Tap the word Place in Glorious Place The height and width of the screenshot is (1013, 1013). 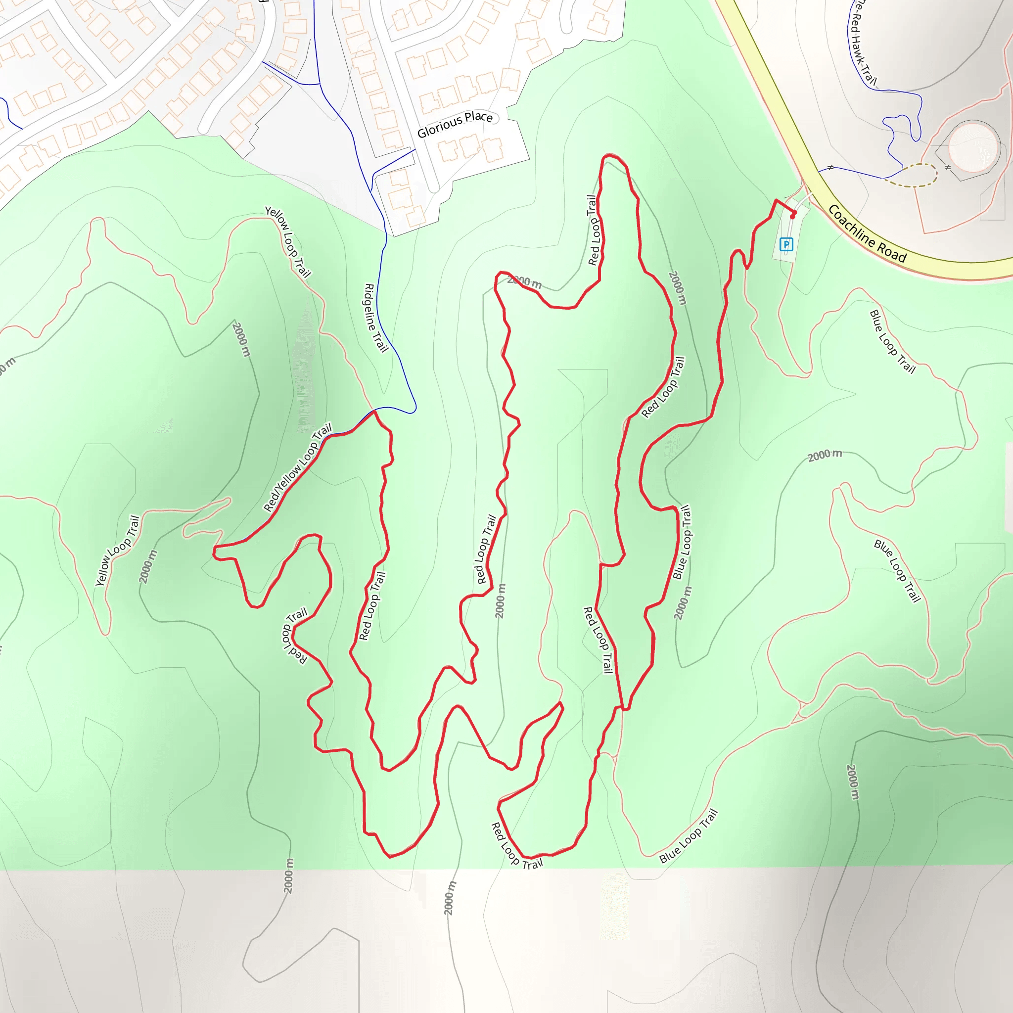click(x=478, y=117)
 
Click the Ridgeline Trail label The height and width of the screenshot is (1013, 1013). click(x=376, y=318)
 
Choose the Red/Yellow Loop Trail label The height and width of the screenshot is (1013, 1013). click(x=297, y=467)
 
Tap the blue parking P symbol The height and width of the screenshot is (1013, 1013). click(x=785, y=244)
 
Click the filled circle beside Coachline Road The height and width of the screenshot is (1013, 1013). click(x=972, y=147)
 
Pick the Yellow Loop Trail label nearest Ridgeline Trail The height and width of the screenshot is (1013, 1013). click(x=288, y=241)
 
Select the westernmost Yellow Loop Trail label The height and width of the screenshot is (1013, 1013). click(x=117, y=551)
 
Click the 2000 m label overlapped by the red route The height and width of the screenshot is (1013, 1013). click(x=524, y=282)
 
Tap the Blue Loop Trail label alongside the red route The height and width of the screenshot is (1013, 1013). click(x=683, y=542)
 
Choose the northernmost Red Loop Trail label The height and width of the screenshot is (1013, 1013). click(x=594, y=230)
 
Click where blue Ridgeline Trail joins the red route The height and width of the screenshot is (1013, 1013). click(x=375, y=411)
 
